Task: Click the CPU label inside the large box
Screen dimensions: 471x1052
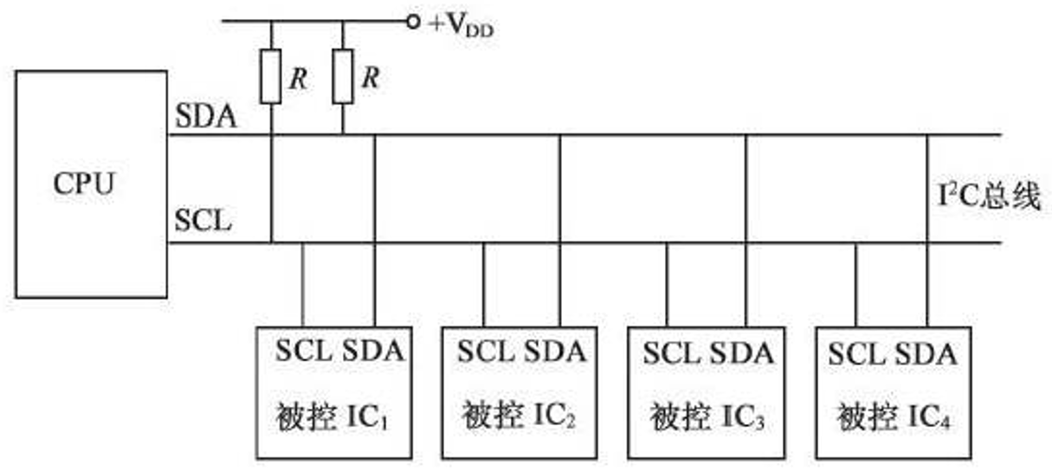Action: pos(84,184)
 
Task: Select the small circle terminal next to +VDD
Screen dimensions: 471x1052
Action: pos(413,21)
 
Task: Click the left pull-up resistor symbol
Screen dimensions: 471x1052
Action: pos(271,76)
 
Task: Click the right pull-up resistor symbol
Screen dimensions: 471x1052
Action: pos(343,76)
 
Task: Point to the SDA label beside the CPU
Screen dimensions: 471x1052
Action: pos(206,117)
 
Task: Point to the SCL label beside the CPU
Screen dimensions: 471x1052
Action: pos(203,221)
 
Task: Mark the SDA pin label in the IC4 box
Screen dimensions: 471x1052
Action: pos(926,353)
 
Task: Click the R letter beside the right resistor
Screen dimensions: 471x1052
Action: pos(371,79)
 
